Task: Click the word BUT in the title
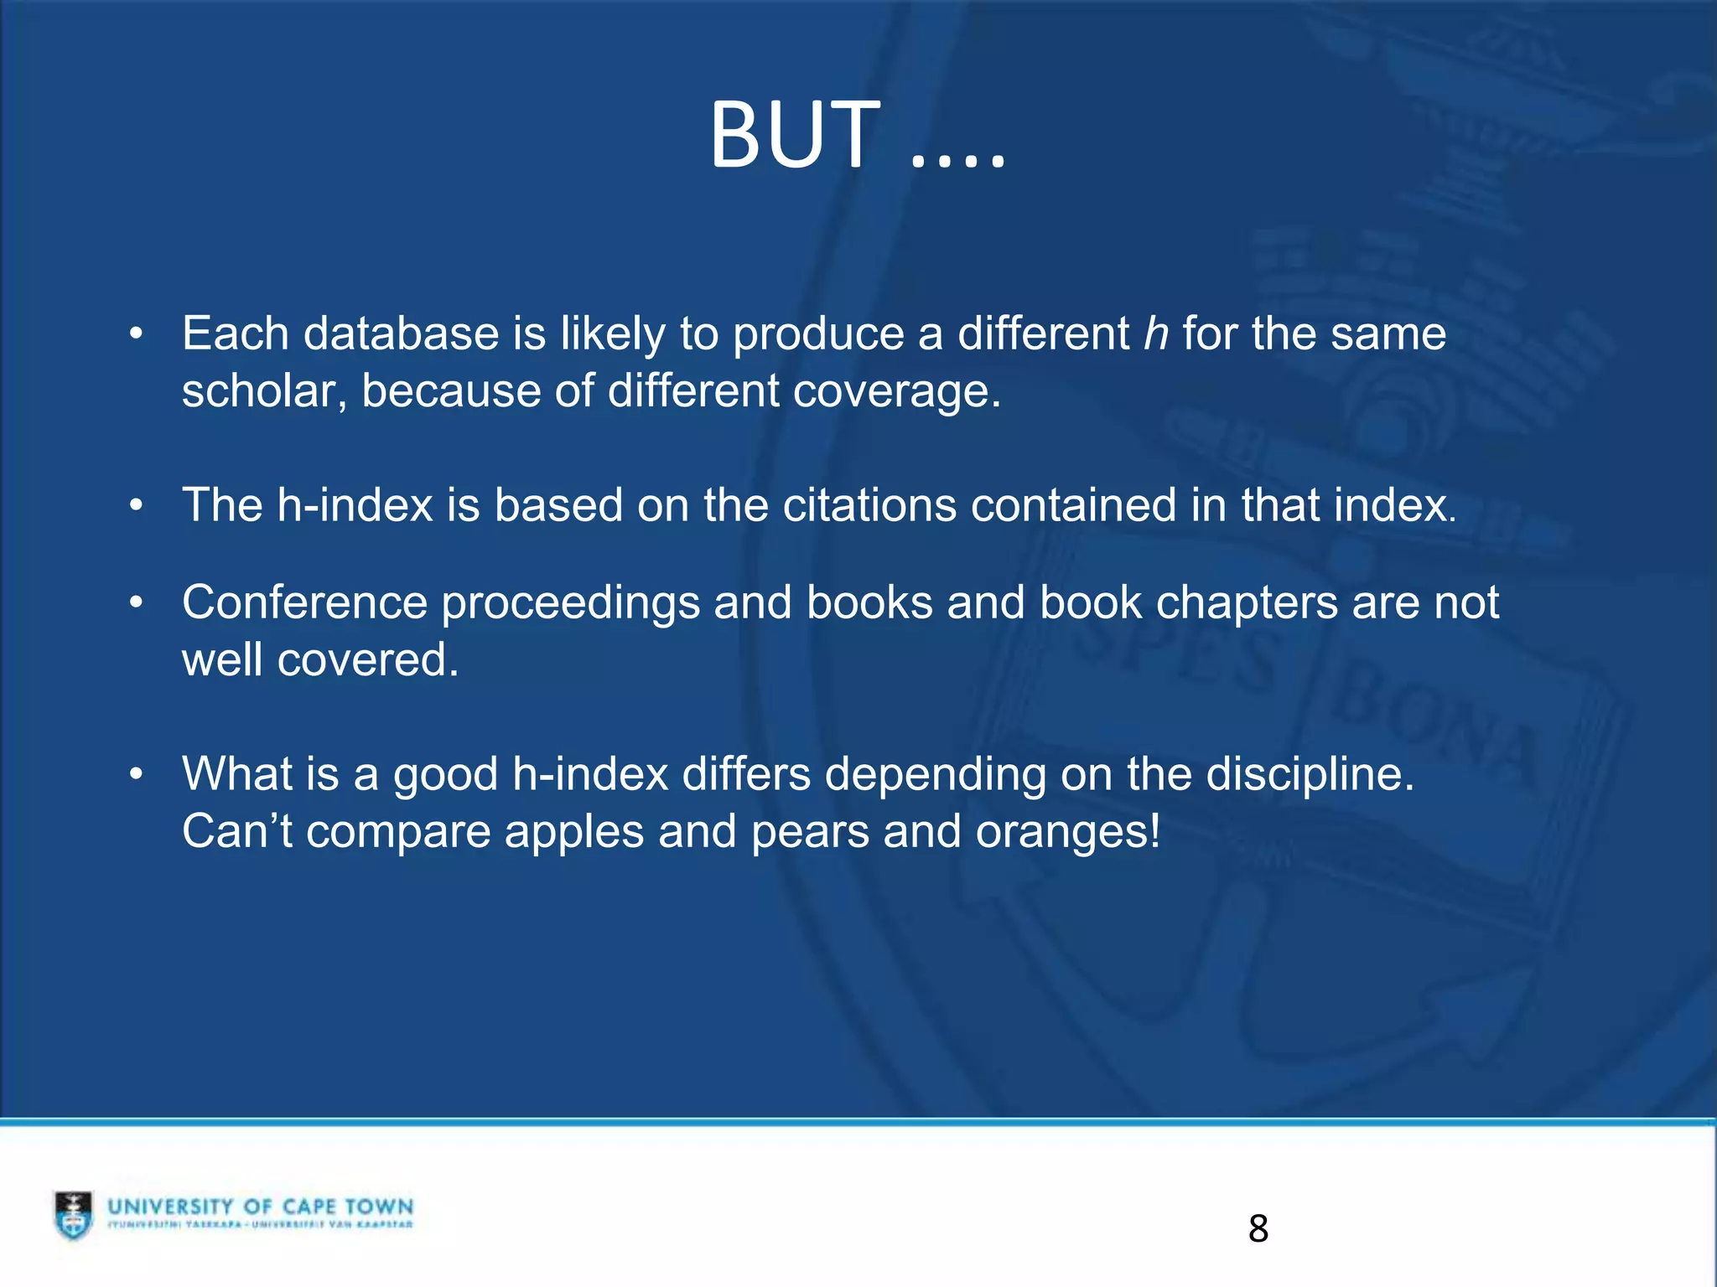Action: [x=794, y=136]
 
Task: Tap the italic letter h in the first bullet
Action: [x=1156, y=333]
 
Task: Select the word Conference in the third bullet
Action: [x=304, y=602]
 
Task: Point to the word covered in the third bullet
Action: [x=367, y=660]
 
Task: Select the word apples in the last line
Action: [x=573, y=833]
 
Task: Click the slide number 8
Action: [x=1258, y=1228]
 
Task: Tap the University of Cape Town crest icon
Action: [x=74, y=1214]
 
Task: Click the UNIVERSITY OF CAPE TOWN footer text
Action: [x=260, y=1207]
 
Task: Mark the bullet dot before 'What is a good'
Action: [x=137, y=774]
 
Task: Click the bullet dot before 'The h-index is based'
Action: [x=137, y=505]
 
